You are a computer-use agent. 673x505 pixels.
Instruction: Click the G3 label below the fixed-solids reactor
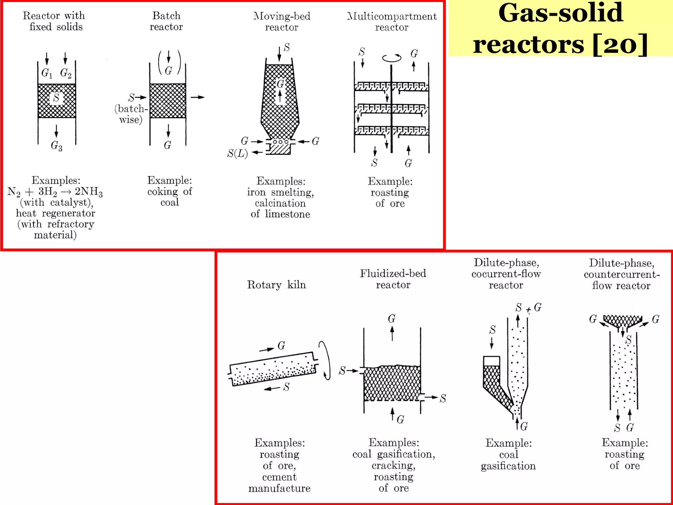[x=56, y=146]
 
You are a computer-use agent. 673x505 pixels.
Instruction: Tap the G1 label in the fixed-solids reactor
[x=47, y=73]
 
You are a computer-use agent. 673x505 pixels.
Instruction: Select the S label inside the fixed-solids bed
[x=56, y=98]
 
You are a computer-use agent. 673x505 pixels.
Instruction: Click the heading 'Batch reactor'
[x=166, y=21]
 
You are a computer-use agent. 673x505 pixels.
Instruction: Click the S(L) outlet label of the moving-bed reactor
[x=238, y=153]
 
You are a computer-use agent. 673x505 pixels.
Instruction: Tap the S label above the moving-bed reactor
[x=287, y=48]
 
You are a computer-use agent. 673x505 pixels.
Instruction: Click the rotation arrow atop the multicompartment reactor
[x=392, y=58]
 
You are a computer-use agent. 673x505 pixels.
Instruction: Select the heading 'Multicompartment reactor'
[x=392, y=21]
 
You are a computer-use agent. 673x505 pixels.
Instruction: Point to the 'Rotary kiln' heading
[x=276, y=285]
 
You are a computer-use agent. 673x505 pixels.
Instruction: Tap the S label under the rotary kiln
[x=287, y=387]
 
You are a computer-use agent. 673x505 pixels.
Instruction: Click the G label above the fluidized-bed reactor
[x=392, y=319]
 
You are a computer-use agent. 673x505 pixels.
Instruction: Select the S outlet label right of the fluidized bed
[x=443, y=398]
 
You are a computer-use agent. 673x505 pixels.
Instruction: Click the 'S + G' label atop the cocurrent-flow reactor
[x=528, y=308]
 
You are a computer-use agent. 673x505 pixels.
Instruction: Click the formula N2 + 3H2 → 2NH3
[x=55, y=192]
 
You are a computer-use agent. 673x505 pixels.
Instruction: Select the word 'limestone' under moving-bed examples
[x=288, y=214]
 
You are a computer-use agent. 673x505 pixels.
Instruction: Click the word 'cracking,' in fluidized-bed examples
[x=394, y=466]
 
